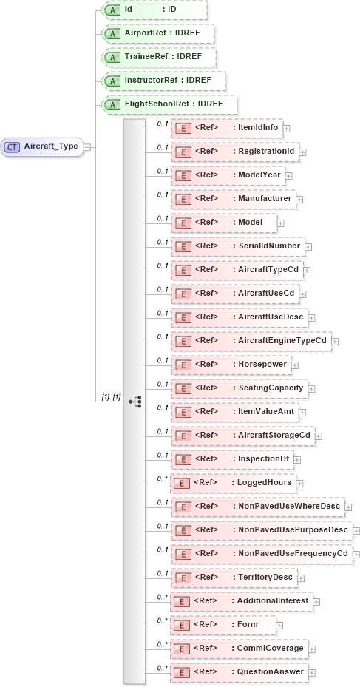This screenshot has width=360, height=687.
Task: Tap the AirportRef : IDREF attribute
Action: [x=157, y=34]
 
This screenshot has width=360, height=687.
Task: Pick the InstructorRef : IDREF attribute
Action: [x=163, y=81]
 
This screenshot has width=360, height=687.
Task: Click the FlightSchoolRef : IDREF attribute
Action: [x=169, y=104]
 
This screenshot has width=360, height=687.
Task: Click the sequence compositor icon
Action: [x=135, y=401]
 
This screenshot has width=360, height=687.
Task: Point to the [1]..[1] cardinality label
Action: [x=111, y=398]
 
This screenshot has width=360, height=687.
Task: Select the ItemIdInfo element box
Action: [x=226, y=128]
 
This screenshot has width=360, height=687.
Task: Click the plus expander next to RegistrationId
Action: [x=302, y=152]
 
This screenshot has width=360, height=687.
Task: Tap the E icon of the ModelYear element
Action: [x=182, y=176]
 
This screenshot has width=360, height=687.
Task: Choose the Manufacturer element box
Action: [x=233, y=200]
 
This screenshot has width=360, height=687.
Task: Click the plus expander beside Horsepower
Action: [x=295, y=365]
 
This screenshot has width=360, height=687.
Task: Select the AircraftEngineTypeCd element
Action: [x=251, y=341]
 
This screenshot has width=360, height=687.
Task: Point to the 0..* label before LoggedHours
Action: [x=162, y=479]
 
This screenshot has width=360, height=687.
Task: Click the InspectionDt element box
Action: [x=232, y=459]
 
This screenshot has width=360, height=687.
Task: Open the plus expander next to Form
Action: [x=280, y=626]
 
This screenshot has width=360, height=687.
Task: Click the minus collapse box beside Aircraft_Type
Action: [x=87, y=146]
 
